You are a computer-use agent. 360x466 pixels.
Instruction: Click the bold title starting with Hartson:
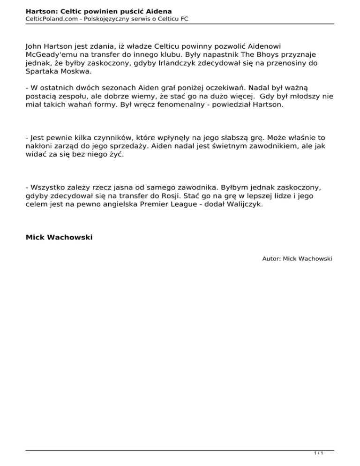99,10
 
